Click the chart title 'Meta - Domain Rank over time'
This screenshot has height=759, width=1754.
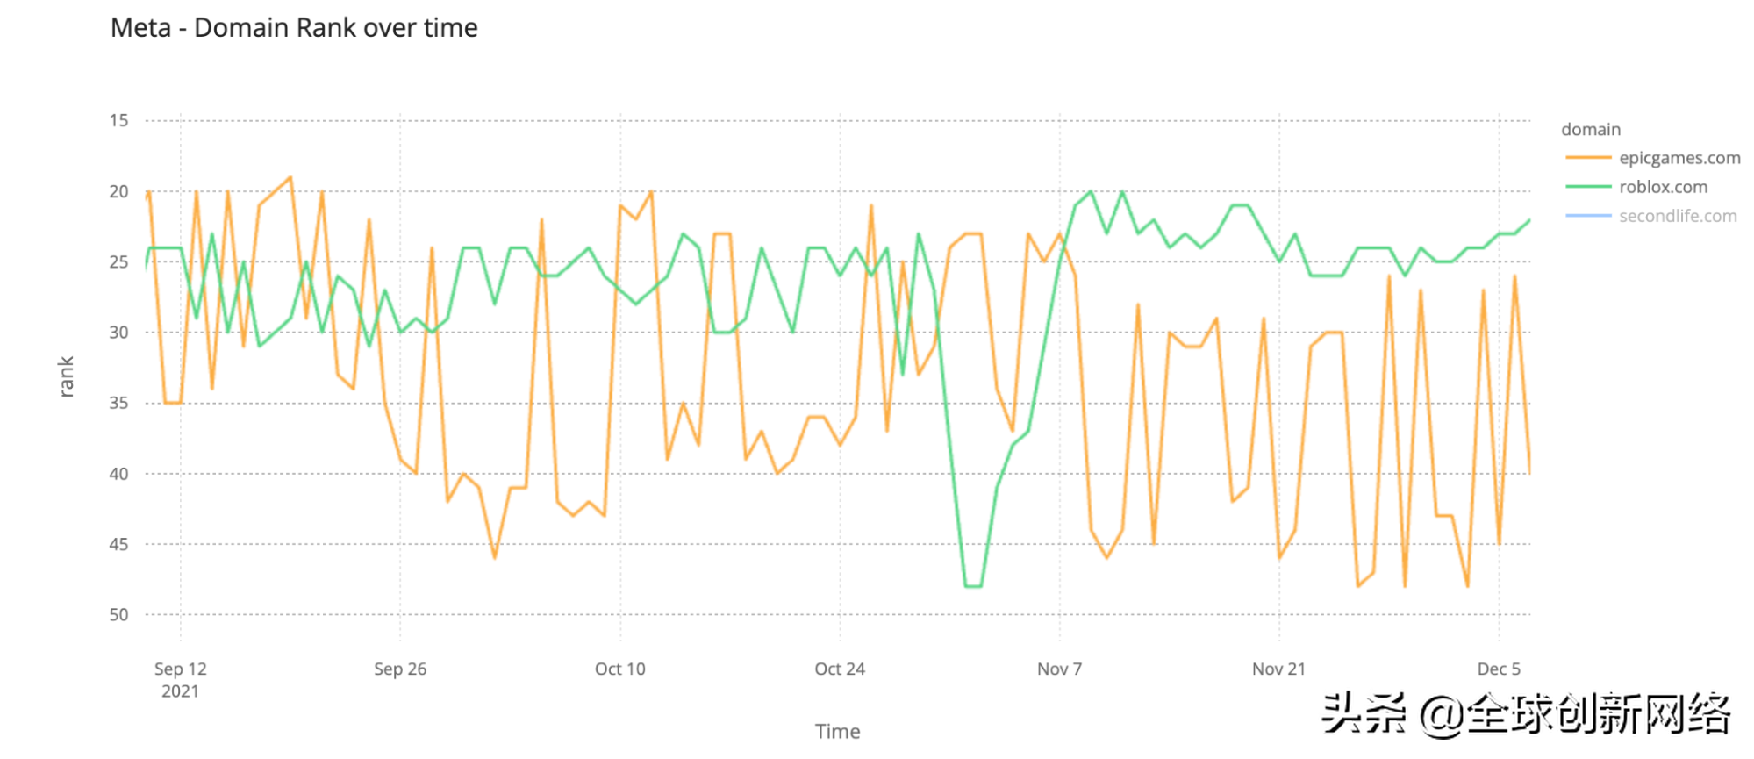[294, 28]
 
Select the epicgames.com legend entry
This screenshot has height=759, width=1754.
[1679, 158]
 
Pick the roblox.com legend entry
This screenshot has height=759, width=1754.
[1663, 187]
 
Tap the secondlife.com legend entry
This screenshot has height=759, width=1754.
[1677, 216]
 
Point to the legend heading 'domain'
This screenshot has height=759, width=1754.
[1590, 130]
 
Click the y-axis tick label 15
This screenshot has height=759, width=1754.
[118, 120]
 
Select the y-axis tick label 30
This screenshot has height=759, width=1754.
[118, 333]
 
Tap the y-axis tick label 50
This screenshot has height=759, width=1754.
[118, 615]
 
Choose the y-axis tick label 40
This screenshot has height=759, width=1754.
[118, 474]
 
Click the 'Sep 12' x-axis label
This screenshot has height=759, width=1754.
[180, 669]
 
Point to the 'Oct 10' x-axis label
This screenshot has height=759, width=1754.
[619, 669]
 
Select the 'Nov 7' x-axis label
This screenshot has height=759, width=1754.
[1059, 669]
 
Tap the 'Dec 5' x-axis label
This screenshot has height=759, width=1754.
[1498, 669]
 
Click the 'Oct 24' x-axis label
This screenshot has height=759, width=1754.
[840, 669]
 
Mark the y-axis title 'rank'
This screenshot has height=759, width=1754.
[66, 377]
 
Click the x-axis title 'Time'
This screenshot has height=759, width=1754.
[837, 731]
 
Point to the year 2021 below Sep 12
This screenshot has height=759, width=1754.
[180, 691]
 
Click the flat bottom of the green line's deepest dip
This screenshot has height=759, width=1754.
[973, 586]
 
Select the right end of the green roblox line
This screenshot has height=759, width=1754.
[1529, 220]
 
